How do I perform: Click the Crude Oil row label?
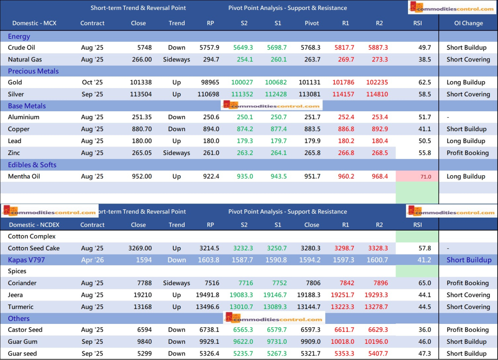(x=22, y=48)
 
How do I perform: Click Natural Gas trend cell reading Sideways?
(x=176, y=59)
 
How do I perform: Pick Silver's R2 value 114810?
(x=377, y=94)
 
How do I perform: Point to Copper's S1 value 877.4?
(x=278, y=129)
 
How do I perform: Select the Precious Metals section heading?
(x=33, y=71)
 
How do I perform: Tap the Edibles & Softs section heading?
(x=32, y=165)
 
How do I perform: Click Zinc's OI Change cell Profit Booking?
(x=468, y=153)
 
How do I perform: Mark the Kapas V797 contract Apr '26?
(x=93, y=260)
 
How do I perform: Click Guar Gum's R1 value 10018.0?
(x=343, y=342)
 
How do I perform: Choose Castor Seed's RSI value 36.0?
(x=425, y=330)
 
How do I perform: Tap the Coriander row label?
(x=22, y=283)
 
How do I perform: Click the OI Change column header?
(x=468, y=23)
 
